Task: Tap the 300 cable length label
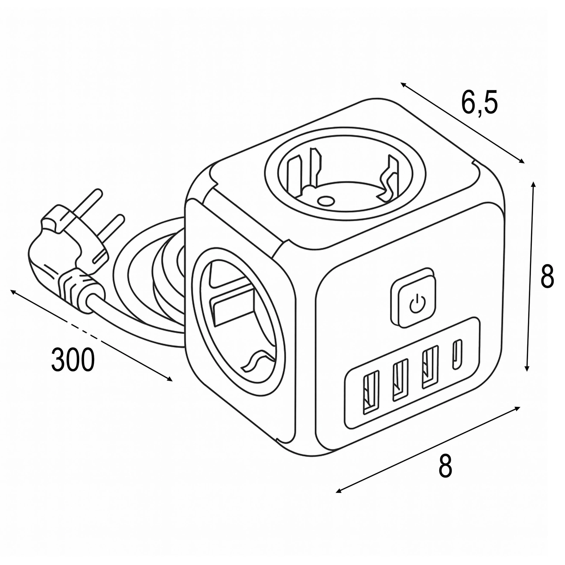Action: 73,360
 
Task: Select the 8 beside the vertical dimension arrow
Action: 547,276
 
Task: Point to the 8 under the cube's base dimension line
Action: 445,466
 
